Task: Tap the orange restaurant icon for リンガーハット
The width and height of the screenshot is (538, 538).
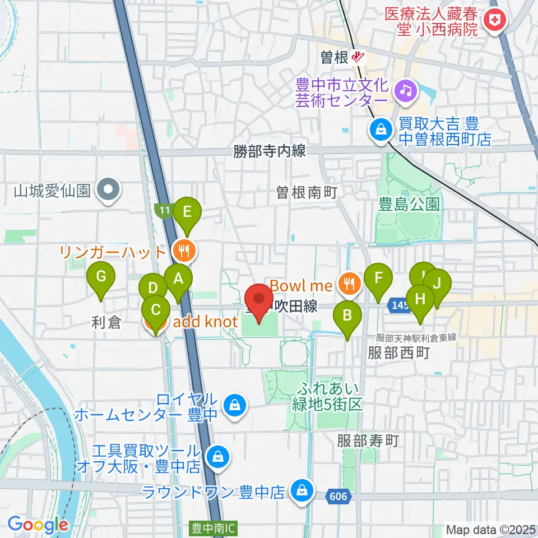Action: click(x=184, y=251)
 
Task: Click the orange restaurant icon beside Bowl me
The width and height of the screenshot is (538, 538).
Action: click(x=349, y=285)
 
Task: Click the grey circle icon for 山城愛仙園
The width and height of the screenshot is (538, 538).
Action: click(x=108, y=191)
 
